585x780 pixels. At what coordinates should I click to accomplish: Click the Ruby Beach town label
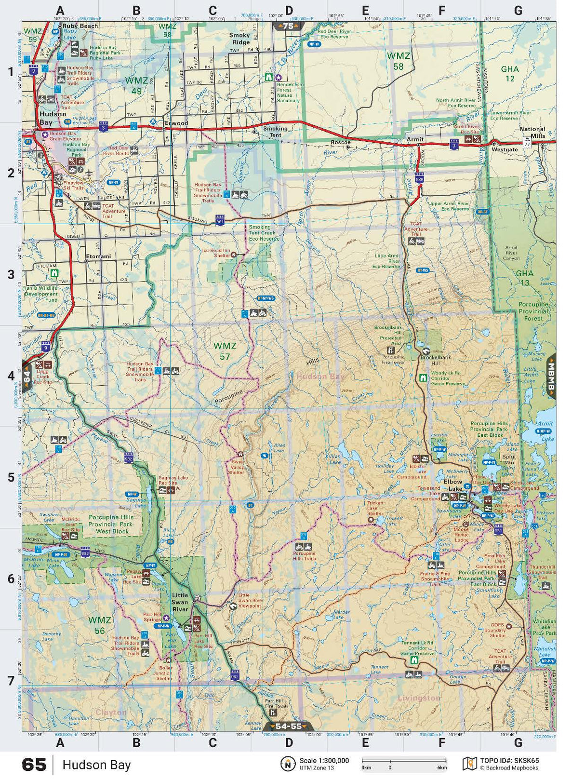point(80,26)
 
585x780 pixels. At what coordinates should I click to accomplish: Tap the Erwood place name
point(176,123)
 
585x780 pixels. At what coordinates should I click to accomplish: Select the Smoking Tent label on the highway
point(275,132)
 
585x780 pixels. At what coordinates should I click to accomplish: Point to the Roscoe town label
point(340,143)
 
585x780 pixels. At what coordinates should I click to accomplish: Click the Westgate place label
point(505,149)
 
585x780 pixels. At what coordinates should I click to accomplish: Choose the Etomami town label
point(98,256)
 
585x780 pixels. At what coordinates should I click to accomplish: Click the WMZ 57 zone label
point(225,351)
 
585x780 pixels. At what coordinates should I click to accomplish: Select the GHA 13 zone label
point(525,278)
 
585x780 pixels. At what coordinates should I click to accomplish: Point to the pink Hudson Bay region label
point(320,377)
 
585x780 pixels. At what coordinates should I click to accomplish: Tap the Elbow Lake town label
point(453,485)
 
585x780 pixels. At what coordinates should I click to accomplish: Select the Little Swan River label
point(180,602)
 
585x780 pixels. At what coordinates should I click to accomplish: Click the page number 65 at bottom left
point(34,765)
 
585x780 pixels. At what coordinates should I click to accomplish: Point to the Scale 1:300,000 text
point(324,761)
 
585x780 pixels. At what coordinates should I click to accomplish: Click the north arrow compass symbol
point(288,764)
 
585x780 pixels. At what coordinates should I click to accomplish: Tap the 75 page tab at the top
point(289,27)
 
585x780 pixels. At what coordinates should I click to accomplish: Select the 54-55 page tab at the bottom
point(289,726)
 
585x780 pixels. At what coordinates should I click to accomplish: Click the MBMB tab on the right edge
point(551,376)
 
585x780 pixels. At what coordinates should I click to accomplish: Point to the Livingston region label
point(419,698)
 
